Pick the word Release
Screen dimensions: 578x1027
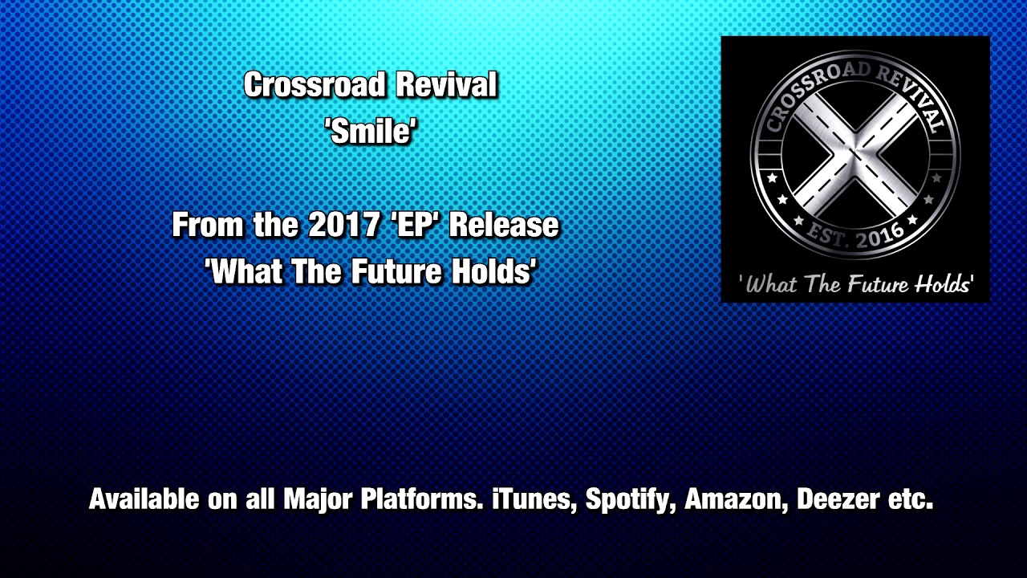[x=504, y=226]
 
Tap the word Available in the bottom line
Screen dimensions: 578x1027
[x=144, y=499]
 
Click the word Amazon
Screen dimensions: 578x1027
[x=737, y=499]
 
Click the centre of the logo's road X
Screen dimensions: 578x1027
[x=855, y=155]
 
